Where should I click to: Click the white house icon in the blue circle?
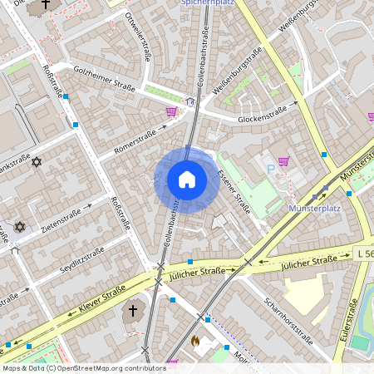[187, 180]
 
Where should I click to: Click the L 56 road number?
[363, 252]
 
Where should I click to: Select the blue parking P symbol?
[269, 169]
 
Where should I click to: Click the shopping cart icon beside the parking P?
[284, 162]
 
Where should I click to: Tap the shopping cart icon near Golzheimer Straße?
[172, 111]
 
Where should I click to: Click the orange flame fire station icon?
[196, 341]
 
